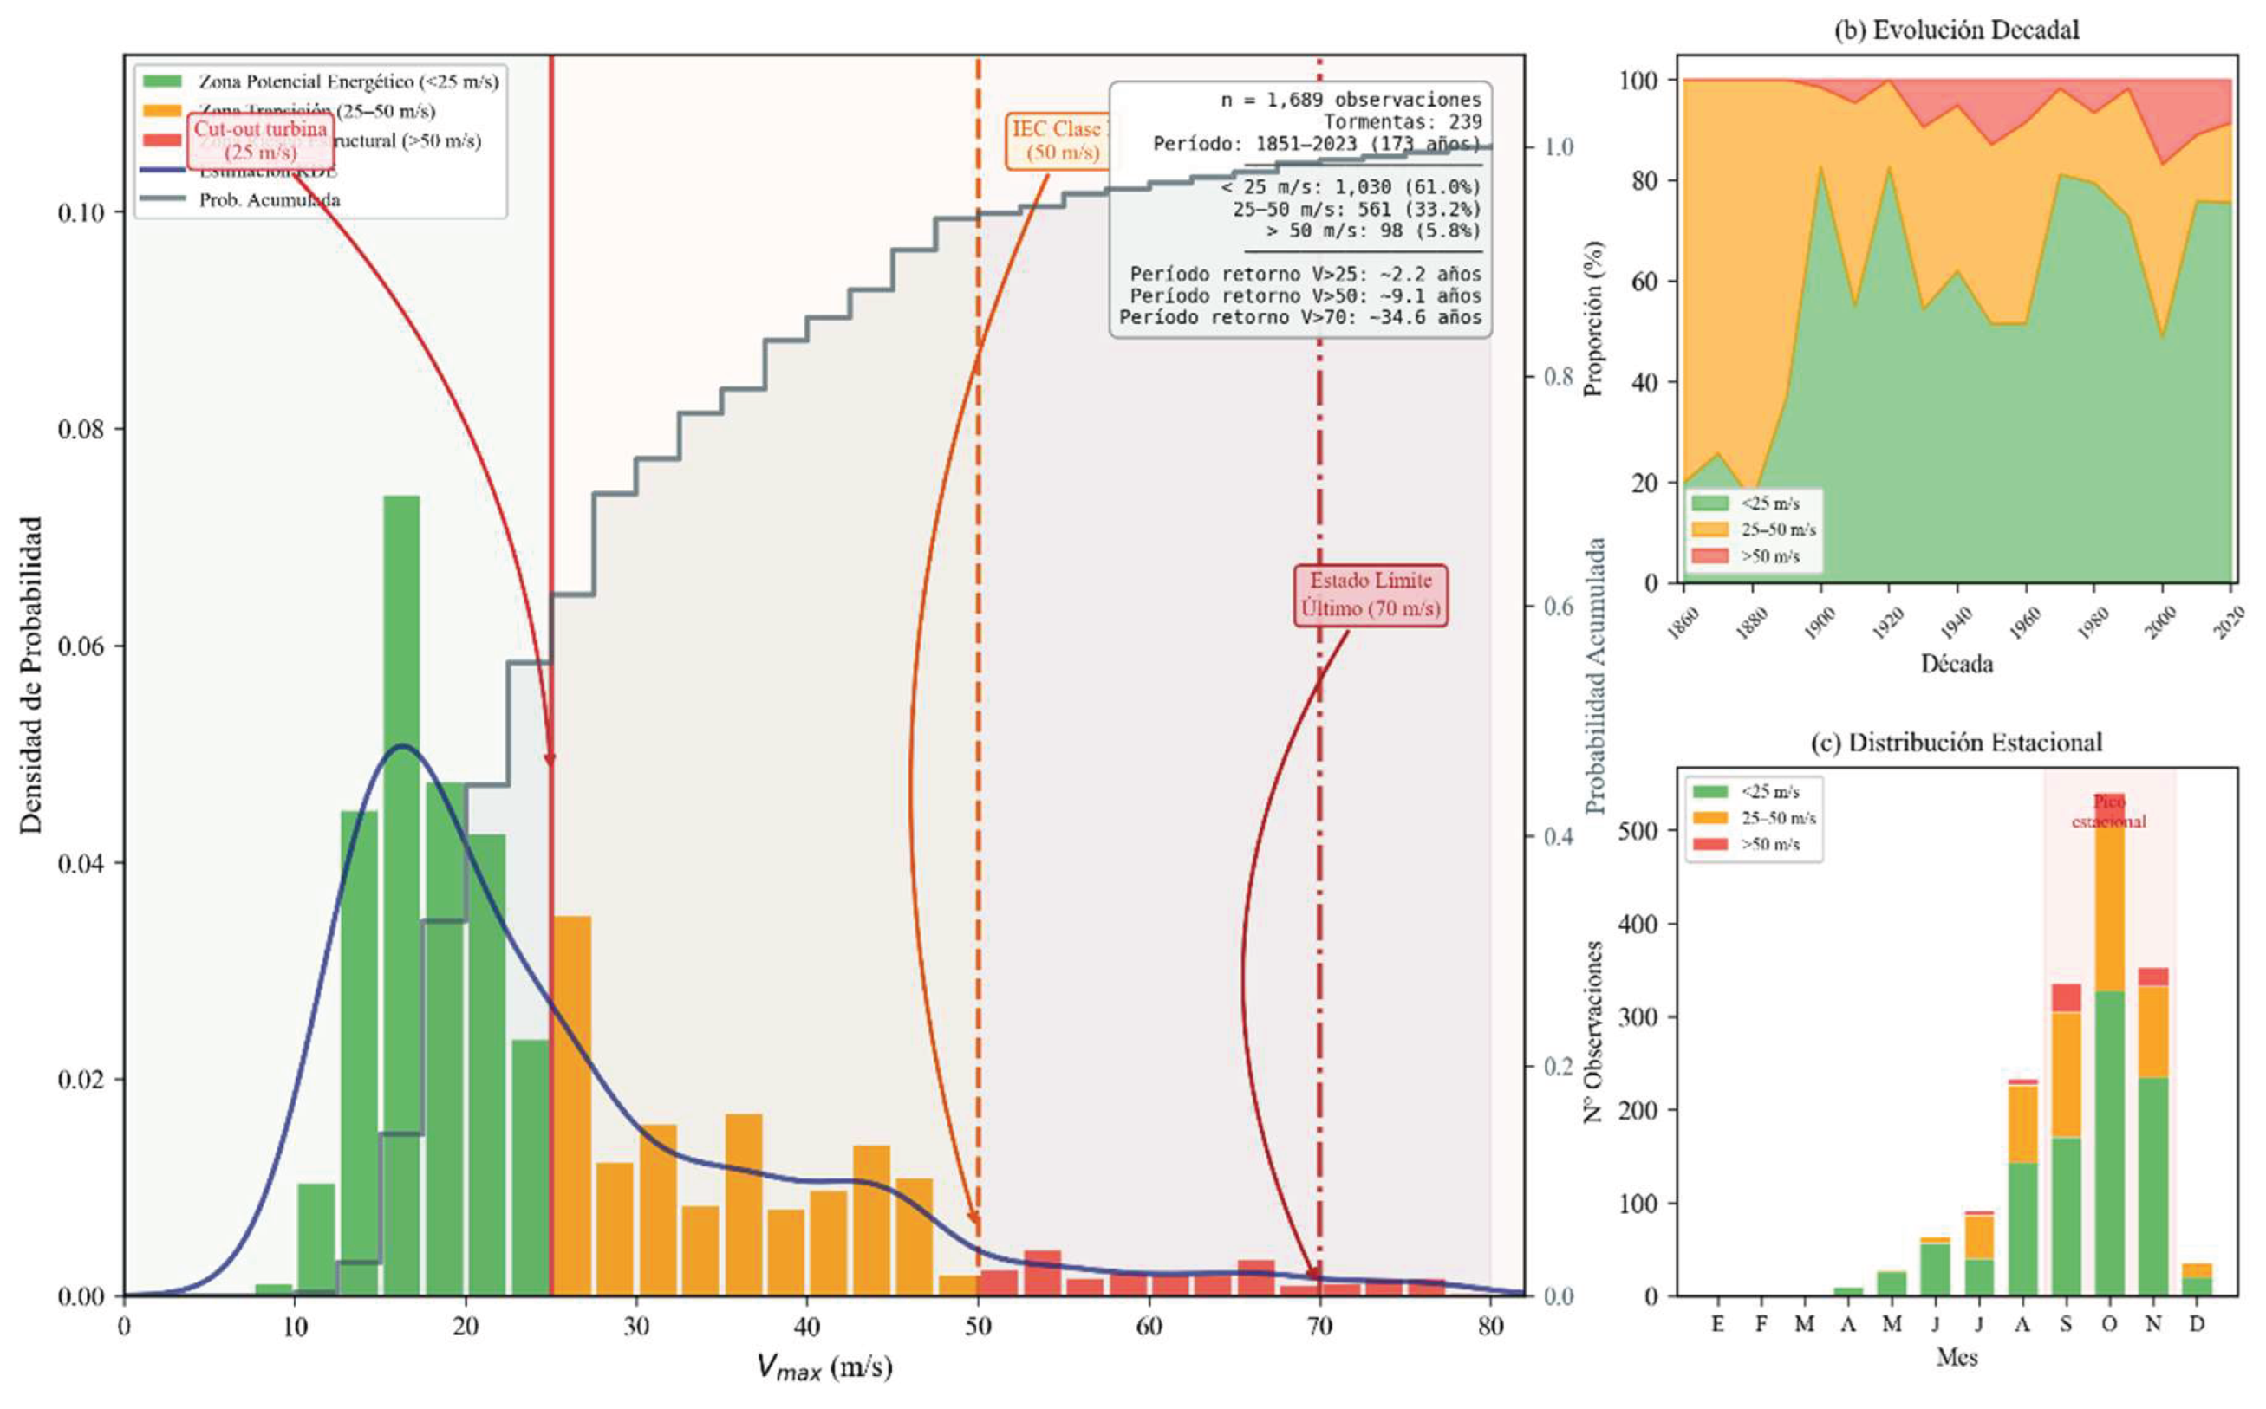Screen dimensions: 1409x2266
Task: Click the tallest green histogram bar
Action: (401, 894)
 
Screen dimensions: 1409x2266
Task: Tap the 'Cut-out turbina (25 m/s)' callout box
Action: (261, 140)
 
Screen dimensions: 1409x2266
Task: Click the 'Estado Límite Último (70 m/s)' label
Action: (1371, 594)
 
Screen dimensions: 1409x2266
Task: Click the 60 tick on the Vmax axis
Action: (1149, 1326)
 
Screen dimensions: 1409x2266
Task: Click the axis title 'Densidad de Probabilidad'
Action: (32, 676)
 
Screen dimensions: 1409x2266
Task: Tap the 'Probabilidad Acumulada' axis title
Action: (1597, 676)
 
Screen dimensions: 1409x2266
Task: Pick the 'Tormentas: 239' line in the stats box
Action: (1402, 122)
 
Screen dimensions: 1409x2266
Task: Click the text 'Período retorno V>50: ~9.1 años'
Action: (1305, 296)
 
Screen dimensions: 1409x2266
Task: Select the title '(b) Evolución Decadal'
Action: (1956, 29)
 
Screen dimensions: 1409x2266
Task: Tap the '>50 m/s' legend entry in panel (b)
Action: (1769, 556)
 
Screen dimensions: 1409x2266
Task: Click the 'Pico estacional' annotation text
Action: (2108, 812)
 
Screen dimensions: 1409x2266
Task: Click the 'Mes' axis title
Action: (1956, 1357)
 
